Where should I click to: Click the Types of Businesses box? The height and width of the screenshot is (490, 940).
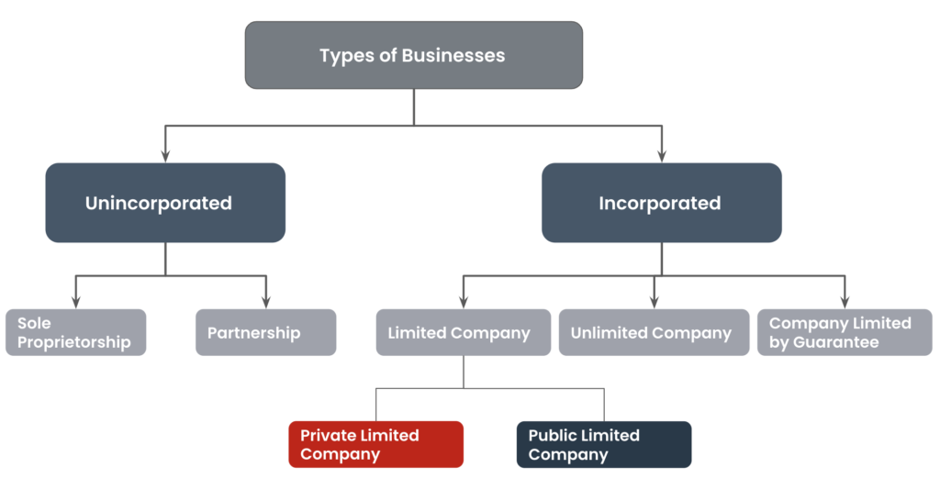tap(414, 55)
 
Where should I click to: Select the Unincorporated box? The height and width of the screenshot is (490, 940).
tap(165, 203)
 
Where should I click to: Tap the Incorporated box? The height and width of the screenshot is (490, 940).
tap(662, 203)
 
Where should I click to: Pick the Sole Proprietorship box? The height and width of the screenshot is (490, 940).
tap(76, 332)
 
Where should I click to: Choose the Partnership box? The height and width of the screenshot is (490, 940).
tap(266, 332)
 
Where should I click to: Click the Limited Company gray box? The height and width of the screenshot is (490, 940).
tap(464, 332)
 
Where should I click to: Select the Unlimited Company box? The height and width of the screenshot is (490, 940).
tap(654, 332)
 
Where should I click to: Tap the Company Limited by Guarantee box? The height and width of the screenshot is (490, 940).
tap(845, 332)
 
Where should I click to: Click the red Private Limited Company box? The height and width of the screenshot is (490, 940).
tap(375, 444)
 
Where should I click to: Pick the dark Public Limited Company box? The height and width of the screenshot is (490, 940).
tap(604, 444)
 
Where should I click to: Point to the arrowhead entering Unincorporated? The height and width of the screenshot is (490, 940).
tap(165, 156)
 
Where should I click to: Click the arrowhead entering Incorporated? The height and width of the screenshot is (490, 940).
tap(662, 156)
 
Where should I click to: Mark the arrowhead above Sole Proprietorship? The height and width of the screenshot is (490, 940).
tap(76, 302)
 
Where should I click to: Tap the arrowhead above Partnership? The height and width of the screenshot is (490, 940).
tap(266, 302)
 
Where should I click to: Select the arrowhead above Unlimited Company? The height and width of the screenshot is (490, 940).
tap(654, 302)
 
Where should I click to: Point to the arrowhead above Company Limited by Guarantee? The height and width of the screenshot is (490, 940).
tap(845, 302)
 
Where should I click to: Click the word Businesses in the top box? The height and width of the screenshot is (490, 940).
tap(453, 55)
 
